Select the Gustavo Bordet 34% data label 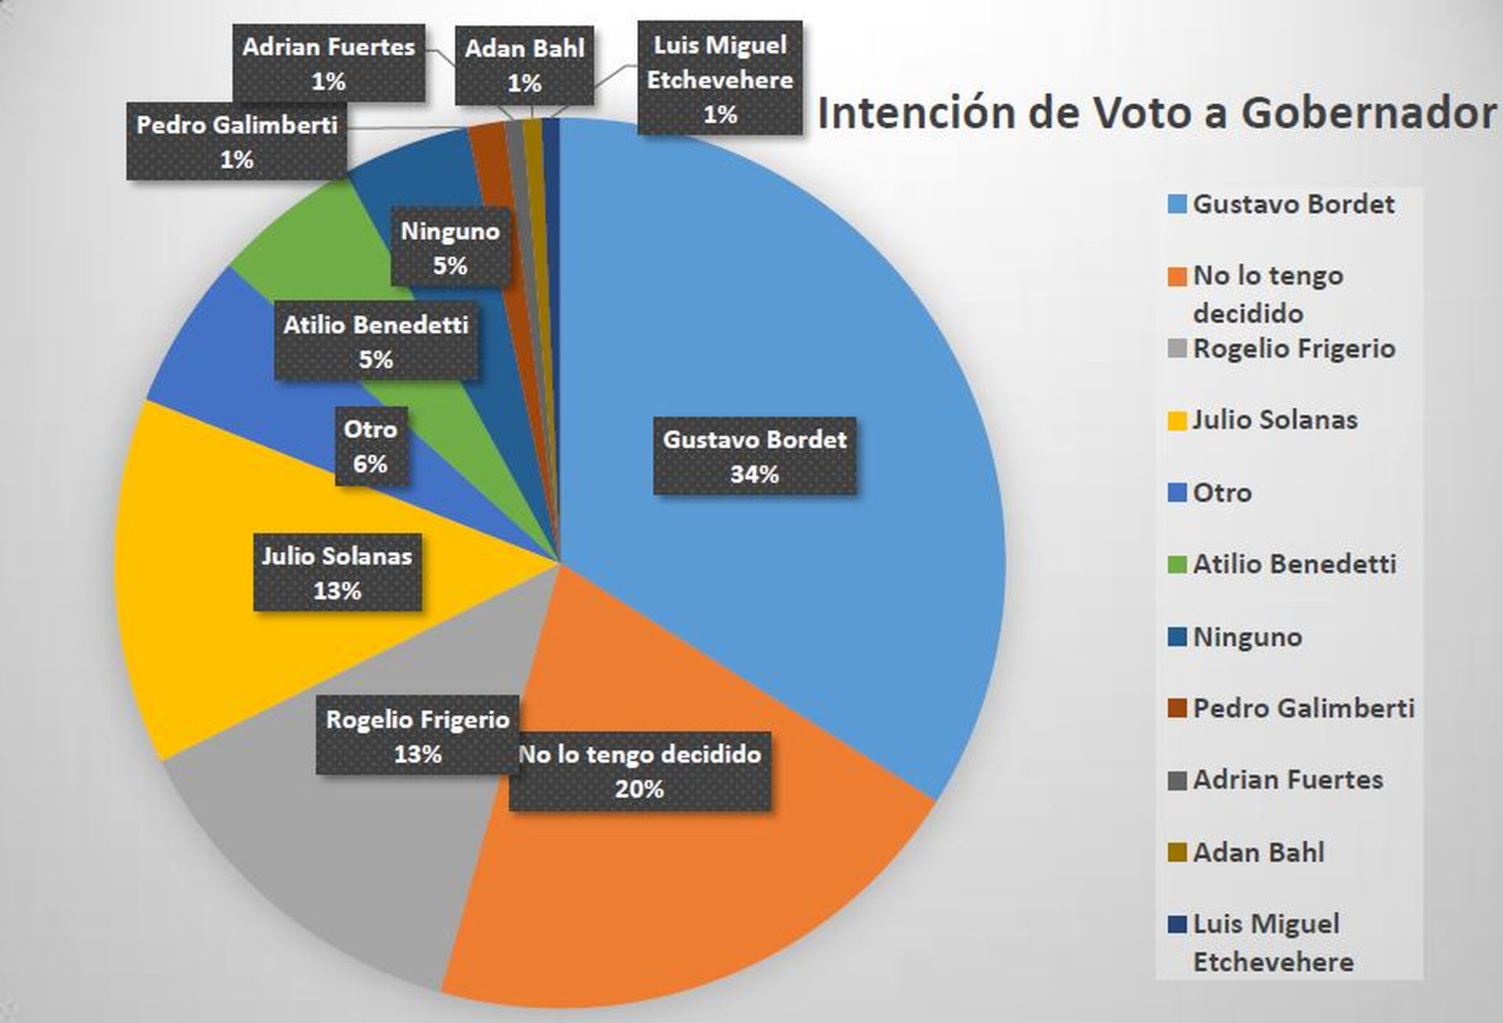(x=755, y=457)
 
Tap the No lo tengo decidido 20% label (x=640, y=771)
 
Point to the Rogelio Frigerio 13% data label (x=417, y=736)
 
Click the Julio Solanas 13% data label (x=337, y=573)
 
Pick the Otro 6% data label (x=371, y=446)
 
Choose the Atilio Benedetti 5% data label (x=376, y=342)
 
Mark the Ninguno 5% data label (x=450, y=248)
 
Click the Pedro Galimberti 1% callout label (x=236, y=142)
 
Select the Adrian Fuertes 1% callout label (x=329, y=63)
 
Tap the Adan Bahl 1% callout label (x=524, y=65)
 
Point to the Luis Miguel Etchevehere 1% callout (x=720, y=79)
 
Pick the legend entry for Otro (x=1221, y=493)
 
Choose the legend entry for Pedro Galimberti (x=1302, y=708)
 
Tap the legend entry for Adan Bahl (x=1257, y=852)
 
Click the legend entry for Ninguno (x=1246, y=637)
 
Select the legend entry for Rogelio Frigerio (x=1292, y=349)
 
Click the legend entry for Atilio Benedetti (x=1293, y=564)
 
